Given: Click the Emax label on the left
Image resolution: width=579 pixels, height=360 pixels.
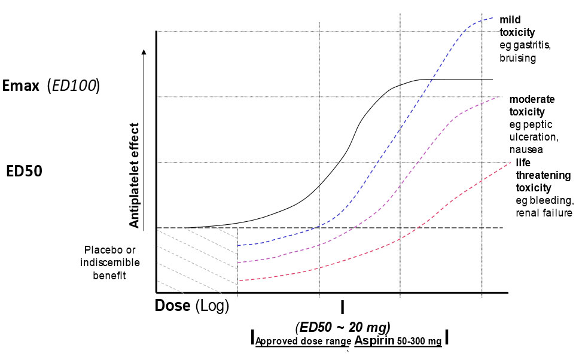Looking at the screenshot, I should click(22, 86).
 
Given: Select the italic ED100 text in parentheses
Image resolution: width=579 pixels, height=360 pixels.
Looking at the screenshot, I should click(73, 86).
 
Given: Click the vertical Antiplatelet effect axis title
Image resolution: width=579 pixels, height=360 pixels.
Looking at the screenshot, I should click(135, 176).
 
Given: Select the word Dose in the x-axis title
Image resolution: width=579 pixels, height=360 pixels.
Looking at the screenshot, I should click(173, 306).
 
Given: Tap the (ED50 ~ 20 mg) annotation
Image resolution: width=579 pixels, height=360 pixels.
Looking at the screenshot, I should click(343, 327).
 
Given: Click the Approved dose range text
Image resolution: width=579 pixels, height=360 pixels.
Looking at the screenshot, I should click(303, 341).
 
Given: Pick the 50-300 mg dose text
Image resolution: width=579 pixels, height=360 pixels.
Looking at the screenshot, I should click(422, 341).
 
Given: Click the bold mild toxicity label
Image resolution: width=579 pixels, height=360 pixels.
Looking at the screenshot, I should click(517, 26).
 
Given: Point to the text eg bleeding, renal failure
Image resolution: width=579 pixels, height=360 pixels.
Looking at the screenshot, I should click(544, 207).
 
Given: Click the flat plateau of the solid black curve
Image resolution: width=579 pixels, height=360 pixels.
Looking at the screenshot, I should click(461, 79).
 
